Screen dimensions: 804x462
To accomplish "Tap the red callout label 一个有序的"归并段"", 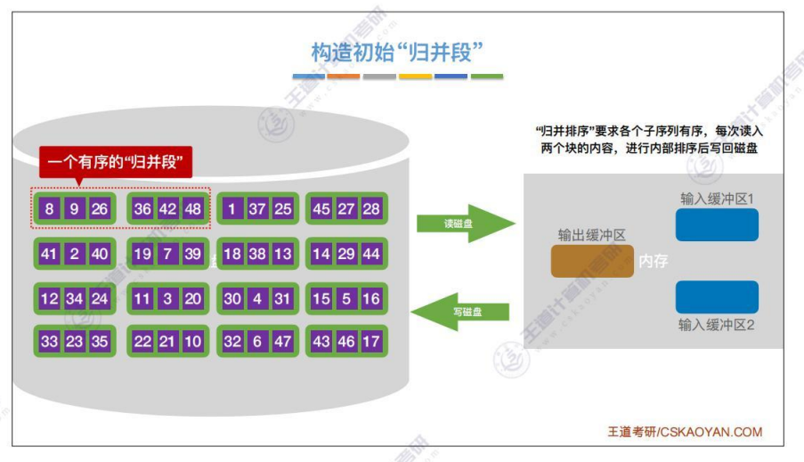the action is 116,162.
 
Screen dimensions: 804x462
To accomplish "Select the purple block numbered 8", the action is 49,209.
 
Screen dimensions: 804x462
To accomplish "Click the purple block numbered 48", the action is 193,209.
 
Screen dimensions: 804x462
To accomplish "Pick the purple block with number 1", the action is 231,209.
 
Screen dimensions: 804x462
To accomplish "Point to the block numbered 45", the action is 321,209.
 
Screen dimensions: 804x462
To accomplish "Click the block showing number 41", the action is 49,255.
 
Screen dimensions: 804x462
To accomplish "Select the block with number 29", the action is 346,255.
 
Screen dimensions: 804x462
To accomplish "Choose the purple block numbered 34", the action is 75,299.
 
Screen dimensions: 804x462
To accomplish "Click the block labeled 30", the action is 231,299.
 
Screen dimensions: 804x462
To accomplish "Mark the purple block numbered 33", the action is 49,341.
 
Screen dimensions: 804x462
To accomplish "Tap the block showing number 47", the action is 282,341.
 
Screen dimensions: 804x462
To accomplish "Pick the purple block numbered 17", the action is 371,341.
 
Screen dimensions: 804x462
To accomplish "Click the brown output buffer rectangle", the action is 591,261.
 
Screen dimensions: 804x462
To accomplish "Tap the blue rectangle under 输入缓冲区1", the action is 717,224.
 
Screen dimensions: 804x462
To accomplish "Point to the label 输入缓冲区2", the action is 717,325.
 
